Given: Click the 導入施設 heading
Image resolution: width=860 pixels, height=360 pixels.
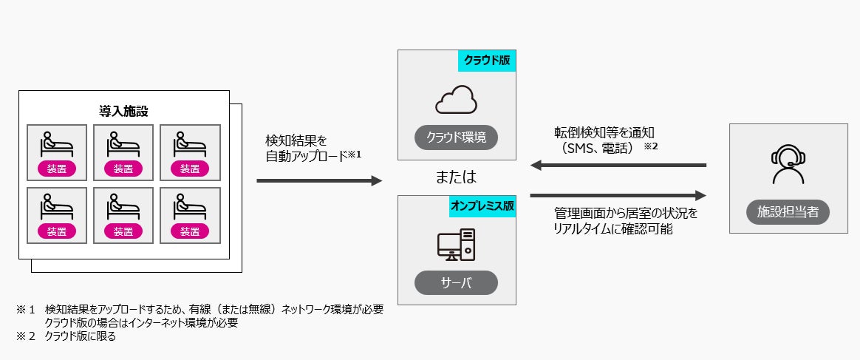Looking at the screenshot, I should tap(123, 111).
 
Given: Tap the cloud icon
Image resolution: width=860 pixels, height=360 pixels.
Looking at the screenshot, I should tap(456, 101).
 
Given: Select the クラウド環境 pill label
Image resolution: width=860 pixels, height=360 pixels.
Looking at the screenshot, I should tap(456, 137).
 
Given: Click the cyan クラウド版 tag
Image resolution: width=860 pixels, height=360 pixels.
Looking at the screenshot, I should tap(486, 60).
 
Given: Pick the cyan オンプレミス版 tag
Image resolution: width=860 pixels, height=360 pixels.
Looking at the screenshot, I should tap(482, 206).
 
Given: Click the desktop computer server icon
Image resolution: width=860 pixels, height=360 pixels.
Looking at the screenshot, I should tap(456, 244).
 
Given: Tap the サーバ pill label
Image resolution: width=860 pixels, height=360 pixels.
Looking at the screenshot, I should tap(456, 282).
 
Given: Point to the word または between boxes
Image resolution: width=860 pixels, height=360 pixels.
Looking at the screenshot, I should tap(456, 177).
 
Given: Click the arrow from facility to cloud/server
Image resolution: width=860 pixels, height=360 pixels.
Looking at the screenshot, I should tap(319, 180).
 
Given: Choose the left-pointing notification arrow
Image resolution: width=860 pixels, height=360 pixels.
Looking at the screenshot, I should tap(618, 166).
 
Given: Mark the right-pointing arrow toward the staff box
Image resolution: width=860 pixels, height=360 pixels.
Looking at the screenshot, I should tap(618, 196).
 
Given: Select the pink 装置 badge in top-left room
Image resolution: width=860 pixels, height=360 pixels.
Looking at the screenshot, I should tap(57, 169).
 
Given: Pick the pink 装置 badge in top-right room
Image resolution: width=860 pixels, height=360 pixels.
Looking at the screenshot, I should tap(189, 169).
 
